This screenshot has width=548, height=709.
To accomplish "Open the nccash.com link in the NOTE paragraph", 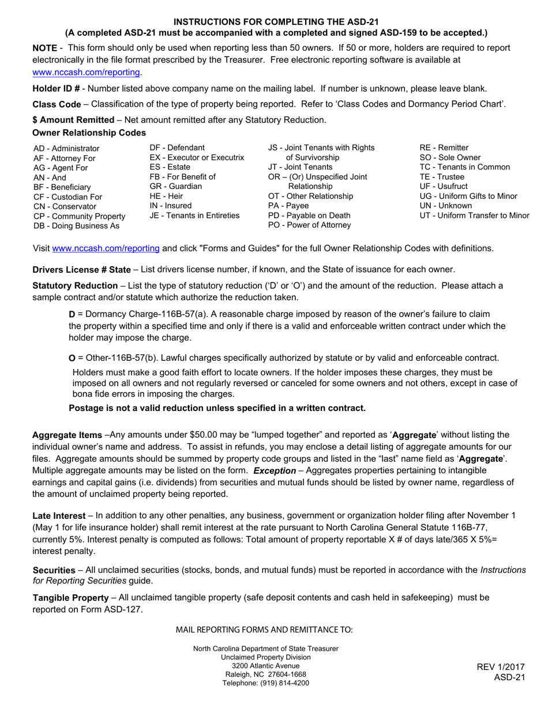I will tap(87, 72).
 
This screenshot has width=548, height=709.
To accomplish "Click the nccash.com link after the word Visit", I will tap(106, 248).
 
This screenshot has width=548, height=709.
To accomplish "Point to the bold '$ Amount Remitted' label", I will tap(73, 120).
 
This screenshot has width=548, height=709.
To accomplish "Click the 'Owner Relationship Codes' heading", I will tap(89, 133).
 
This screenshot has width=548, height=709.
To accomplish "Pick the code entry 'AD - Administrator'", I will tap(66, 149).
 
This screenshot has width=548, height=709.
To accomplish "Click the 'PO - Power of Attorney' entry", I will tap(309, 225).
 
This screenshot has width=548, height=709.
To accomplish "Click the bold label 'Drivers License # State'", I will tap(81, 269).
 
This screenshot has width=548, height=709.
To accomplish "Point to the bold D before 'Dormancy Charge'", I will tap(72, 314).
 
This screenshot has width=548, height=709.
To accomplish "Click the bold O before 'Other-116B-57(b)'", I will tap(72, 359).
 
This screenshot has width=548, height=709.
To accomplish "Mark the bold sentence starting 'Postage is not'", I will tap(217, 408).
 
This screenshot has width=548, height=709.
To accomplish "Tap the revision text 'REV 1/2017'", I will tap(501, 667).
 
